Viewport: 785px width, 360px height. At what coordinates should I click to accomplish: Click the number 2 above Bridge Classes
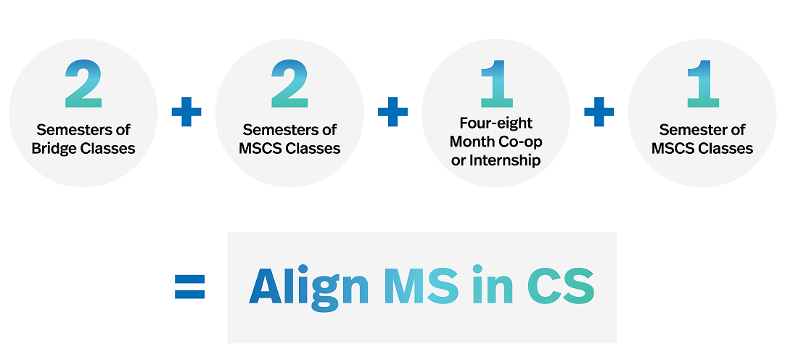[83, 84]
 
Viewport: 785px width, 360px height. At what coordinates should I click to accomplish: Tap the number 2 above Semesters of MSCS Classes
[289, 84]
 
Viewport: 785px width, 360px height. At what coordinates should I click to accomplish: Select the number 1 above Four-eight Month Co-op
[497, 84]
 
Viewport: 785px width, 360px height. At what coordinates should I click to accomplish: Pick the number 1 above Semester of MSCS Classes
[703, 84]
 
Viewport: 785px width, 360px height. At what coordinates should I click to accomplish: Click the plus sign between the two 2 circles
[186, 112]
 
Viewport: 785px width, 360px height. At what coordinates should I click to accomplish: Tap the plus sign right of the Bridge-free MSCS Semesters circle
[392, 112]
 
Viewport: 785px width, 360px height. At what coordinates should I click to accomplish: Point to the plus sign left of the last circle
[599, 112]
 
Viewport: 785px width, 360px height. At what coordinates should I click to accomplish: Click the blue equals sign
[190, 287]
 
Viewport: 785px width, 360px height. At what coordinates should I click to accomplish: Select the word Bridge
[54, 150]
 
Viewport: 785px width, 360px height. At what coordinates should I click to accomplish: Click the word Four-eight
[496, 123]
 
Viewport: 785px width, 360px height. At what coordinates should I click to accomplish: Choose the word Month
[472, 142]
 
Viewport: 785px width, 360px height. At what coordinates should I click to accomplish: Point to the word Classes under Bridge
[109, 149]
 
